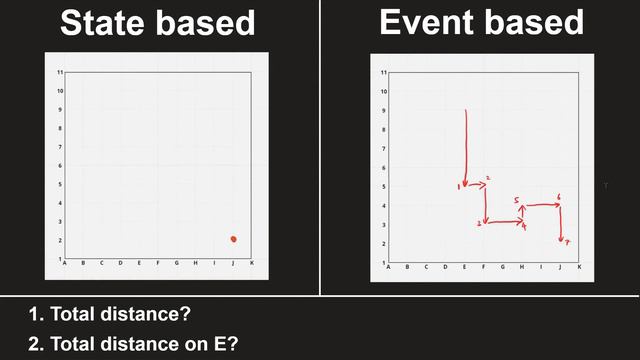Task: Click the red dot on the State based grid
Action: (x=233, y=239)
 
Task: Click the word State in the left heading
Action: (x=107, y=22)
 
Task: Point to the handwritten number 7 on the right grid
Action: (x=566, y=242)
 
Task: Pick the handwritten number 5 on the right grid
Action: (x=516, y=201)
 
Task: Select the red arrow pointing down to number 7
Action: (x=560, y=224)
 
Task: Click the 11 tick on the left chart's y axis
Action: (x=61, y=72)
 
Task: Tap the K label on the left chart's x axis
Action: (x=252, y=264)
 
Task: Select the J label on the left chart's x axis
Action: (x=233, y=264)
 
